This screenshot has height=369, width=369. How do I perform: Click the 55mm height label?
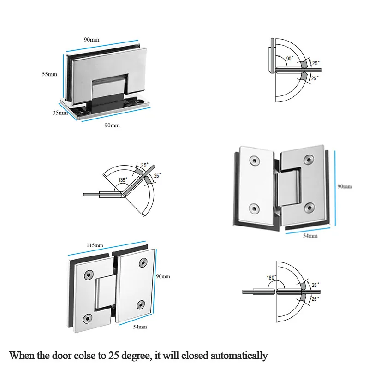click(x=49, y=74)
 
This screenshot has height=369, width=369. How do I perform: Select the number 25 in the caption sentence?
click(x=114, y=355)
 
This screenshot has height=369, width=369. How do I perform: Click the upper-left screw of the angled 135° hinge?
click(x=253, y=161)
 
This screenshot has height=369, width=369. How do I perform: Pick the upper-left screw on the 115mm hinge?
click(x=87, y=275)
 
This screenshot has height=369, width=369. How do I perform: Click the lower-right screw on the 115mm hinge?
click(x=141, y=304)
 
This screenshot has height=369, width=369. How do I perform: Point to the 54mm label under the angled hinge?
click(x=310, y=236)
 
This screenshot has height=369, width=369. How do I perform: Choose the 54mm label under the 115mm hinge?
click(x=139, y=327)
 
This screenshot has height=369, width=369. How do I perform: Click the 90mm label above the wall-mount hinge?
click(x=91, y=40)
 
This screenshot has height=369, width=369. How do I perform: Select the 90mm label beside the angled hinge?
click(x=344, y=186)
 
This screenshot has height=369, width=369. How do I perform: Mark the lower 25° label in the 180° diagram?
click(x=315, y=299)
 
